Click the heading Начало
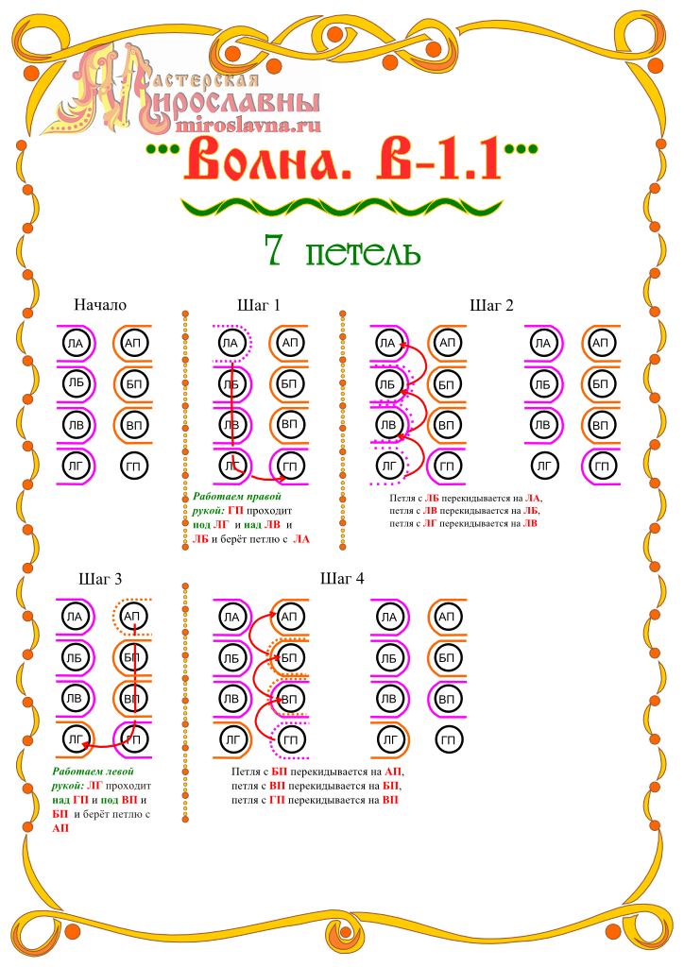(100, 305)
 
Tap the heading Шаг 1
(259, 305)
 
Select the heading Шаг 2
(491, 305)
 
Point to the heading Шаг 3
(100, 579)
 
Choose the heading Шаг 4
(342, 578)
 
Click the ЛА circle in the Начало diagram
(76, 343)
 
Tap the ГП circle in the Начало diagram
(133, 467)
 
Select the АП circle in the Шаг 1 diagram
(289, 343)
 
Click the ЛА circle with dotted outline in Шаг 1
(231, 343)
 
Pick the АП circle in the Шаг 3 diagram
(132, 616)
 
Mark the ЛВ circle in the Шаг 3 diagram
(75, 698)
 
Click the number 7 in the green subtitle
(273, 249)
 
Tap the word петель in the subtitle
(364, 253)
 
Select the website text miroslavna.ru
(248, 126)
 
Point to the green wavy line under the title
(342, 207)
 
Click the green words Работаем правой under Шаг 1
(237, 497)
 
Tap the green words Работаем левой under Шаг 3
(93, 771)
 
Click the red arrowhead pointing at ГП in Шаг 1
(282, 478)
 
